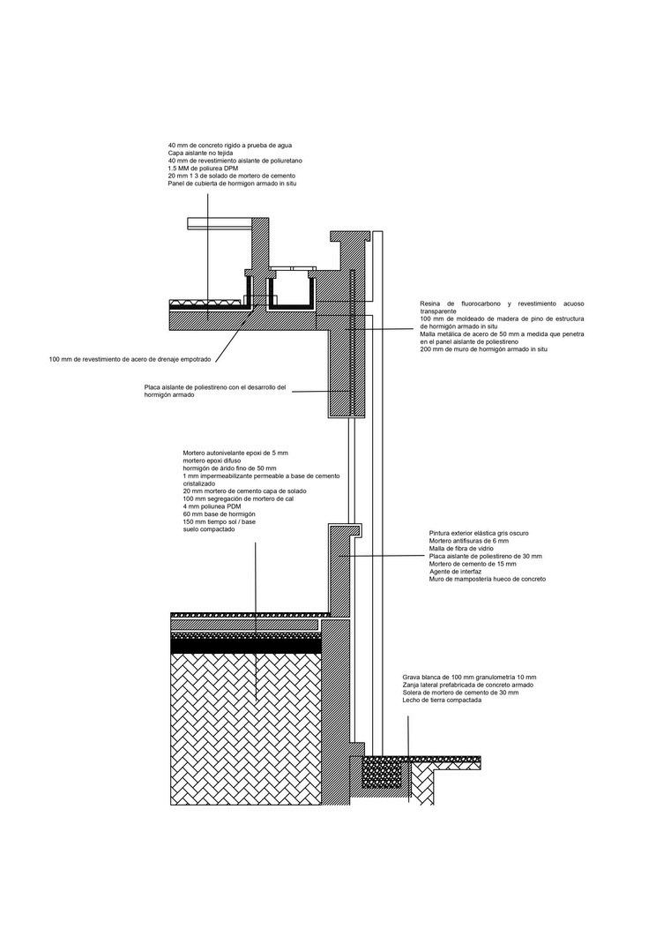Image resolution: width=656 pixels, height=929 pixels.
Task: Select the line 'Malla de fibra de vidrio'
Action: click(459, 549)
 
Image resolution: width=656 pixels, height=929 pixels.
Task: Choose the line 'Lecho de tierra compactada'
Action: click(443, 700)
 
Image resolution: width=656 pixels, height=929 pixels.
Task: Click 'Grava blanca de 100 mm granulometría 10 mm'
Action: click(463, 677)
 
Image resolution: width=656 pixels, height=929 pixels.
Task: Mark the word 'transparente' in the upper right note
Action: click(438, 311)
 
